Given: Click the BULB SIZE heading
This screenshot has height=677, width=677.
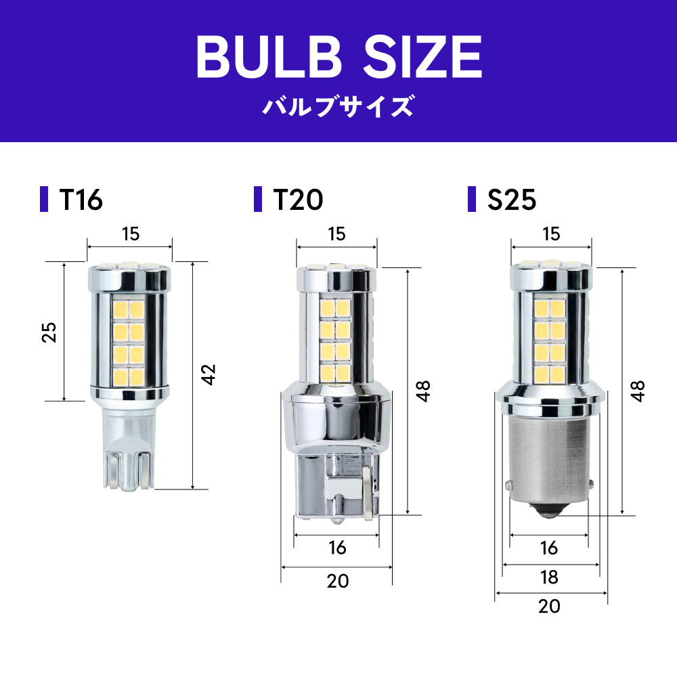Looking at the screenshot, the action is pos(339,57).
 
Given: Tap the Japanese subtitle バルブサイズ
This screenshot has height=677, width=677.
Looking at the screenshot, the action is pos(338,106).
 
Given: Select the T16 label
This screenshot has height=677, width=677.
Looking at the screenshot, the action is pos(81,200).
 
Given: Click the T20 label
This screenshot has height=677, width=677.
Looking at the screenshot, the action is pos(298,200).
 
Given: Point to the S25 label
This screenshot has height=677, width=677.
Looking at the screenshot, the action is pos(512,200).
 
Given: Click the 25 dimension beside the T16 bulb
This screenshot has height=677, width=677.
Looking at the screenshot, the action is pos(49,332).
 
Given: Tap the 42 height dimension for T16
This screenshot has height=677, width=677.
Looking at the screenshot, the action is pos(208,374).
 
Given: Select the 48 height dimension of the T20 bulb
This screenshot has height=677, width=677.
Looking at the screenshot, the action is pos(423,391).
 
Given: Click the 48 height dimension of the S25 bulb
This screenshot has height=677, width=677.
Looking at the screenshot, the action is pos(638,391).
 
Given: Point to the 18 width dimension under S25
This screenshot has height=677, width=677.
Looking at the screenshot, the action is pos(549,577).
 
